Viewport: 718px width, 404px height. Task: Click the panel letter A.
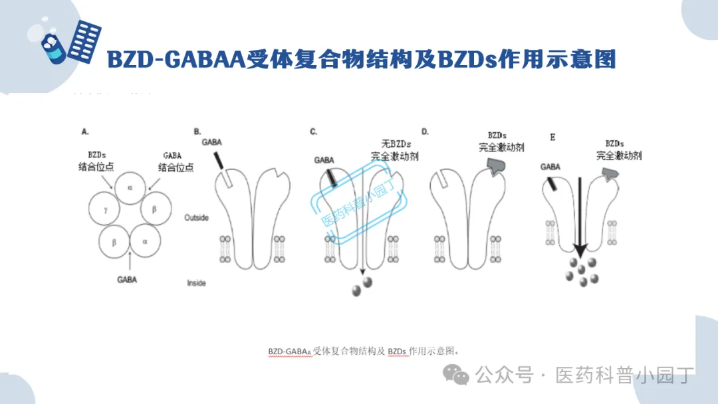click(84, 132)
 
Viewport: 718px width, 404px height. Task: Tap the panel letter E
click(552, 138)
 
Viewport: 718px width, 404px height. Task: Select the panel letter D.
click(425, 132)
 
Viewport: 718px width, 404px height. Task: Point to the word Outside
click(196, 218)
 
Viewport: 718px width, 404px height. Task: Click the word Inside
click(196, 283)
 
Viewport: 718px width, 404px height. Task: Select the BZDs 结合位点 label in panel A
click(96, 161)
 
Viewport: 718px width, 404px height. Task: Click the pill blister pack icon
click(84, 41)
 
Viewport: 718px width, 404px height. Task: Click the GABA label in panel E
click(550, 167)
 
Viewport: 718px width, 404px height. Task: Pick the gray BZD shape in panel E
click(610, 174)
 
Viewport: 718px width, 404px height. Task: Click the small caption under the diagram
click(364, 350)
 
